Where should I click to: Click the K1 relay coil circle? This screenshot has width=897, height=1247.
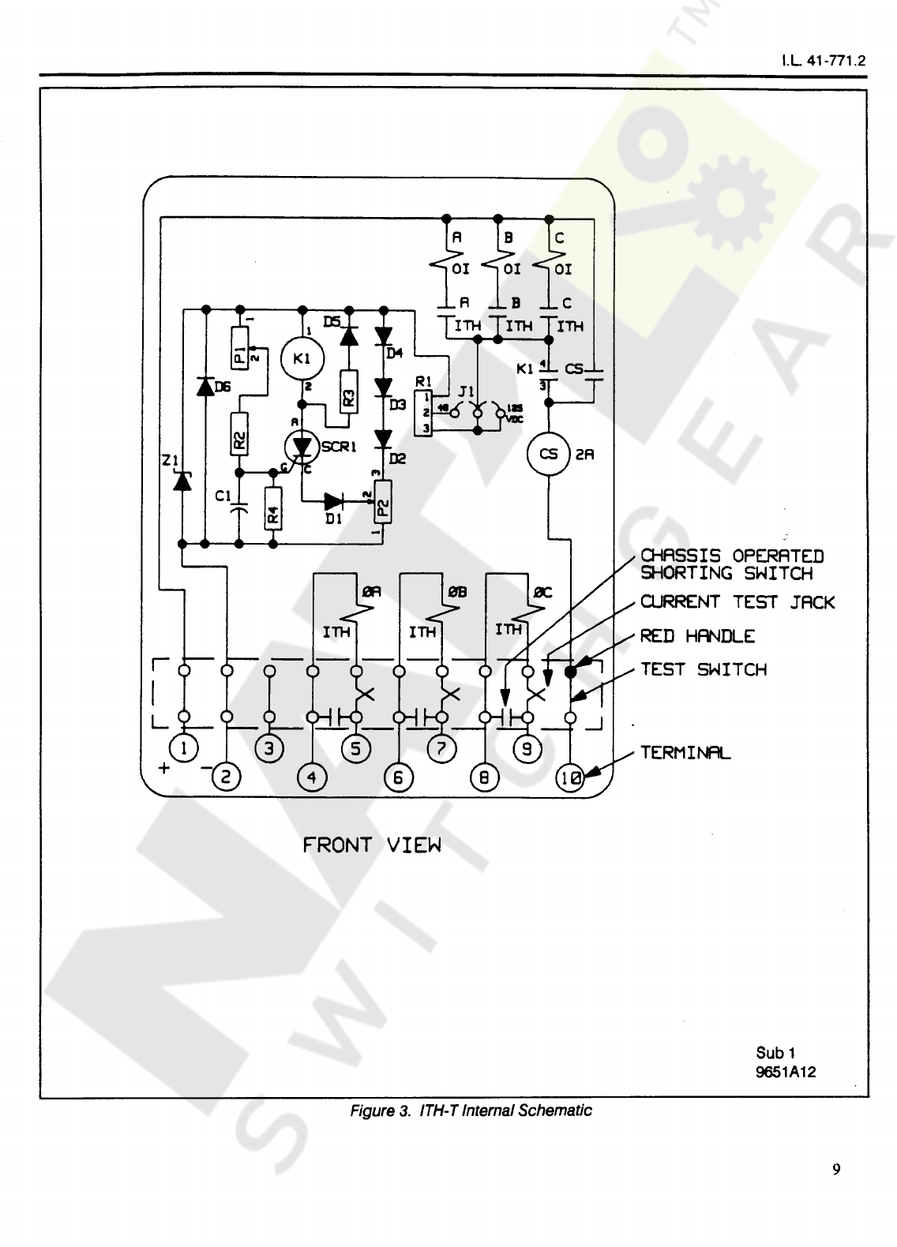tap(301, 359)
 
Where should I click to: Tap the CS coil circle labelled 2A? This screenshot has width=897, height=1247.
tap(548, 454)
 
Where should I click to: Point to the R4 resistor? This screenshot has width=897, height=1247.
tap(272, 515)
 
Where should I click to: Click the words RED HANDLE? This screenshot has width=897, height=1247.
tap(697, 636)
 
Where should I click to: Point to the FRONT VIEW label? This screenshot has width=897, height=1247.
tap(372, 845)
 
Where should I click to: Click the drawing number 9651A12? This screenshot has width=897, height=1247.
tap(786, 1072)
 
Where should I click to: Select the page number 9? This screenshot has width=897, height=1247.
tap(836, 1169)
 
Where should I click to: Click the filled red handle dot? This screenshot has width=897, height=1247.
tap(570, 672)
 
